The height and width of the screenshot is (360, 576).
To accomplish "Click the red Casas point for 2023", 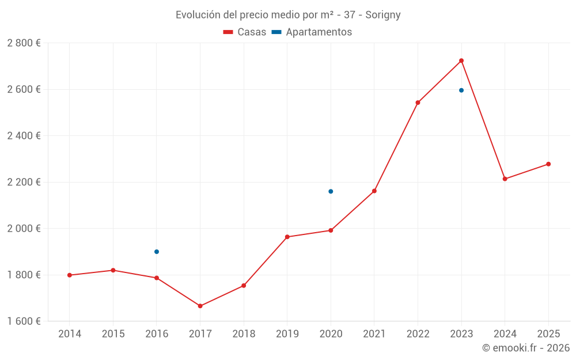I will click(461, 60).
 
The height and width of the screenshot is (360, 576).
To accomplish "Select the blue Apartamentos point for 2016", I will click(157, 252).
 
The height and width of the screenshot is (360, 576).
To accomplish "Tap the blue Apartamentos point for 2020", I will click(331, 191).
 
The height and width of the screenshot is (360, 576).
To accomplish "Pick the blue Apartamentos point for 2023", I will click(461, 90).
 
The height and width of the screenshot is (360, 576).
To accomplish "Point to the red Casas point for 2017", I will click(200, 306).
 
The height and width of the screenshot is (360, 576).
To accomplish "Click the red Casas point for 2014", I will click(70, 275).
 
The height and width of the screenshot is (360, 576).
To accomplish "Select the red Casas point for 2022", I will click(418, 103).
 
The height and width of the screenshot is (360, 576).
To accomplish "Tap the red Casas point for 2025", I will click(548, 164).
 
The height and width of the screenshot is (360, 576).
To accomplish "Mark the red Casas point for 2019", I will click(287, 237).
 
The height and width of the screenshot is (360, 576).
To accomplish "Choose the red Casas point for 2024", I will click(505, 179).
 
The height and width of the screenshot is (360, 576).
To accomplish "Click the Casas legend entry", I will click(245, 32).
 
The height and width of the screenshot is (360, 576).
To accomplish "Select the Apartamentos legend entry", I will click(312, 32).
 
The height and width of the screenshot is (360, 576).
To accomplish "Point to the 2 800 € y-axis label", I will click(24, 43).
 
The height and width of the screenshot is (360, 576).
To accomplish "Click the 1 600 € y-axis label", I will click(24, 321).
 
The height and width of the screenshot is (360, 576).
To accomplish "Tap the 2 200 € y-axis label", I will click(24, 182).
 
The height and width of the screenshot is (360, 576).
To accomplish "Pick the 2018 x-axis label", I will click(244, 334).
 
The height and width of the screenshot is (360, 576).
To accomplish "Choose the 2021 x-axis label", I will click(374, 334).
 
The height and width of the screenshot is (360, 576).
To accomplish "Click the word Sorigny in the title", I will click(382, 15).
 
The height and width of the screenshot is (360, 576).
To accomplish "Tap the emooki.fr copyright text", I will click(525, 348).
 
